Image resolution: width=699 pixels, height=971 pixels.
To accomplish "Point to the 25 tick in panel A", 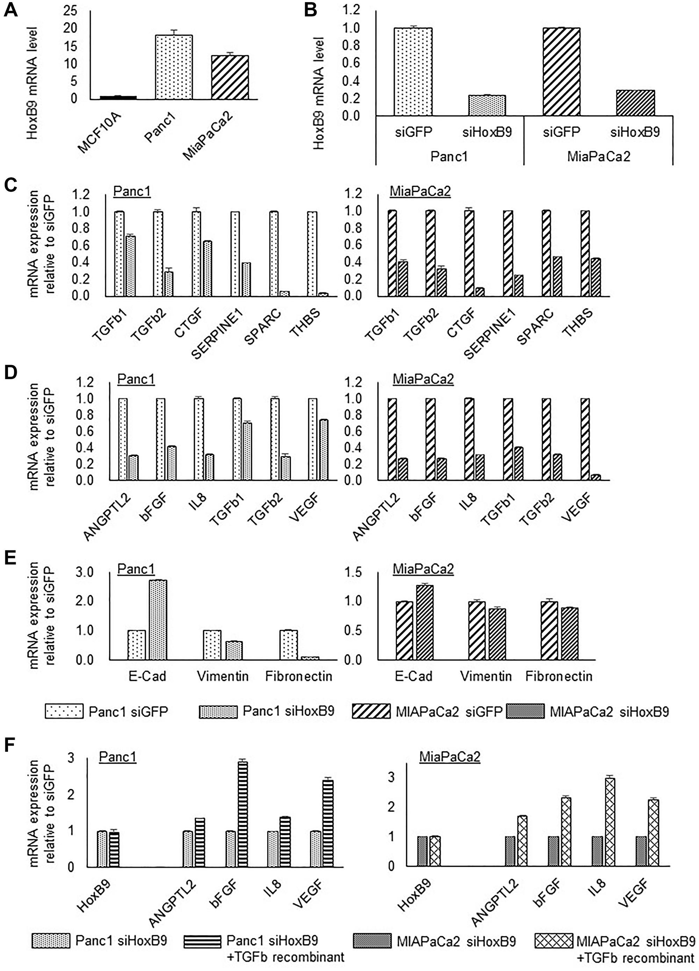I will pyautogui.click(x=70, y=11).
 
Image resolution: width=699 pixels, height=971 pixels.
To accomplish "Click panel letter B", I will pyautogui.click(x=310, y=9).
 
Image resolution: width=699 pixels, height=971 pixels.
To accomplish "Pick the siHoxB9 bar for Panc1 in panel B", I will pyautogui.click(x=487, y=105).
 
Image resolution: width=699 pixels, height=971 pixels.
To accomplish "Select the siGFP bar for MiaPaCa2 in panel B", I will pyautogui.click(x=561, y=71).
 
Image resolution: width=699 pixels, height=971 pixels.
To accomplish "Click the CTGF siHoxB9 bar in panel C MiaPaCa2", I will pyautogui.click(x=480, y=292).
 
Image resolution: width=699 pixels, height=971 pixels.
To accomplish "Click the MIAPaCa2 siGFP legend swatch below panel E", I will pyautogui.click(x=371, y=712).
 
